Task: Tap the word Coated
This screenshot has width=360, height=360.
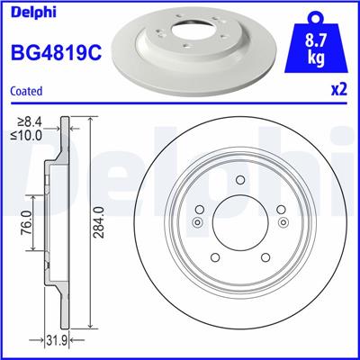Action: pyautogui.click(x=27, y=90)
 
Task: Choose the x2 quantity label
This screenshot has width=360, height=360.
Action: pyautogui.click(x=339, y=92)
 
